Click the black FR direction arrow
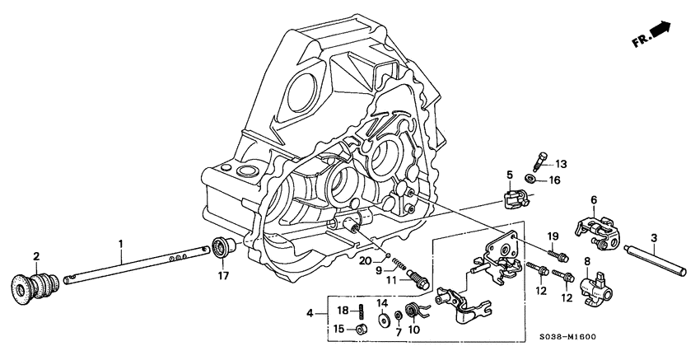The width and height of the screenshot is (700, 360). [660, 31]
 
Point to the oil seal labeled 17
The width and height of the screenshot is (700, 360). [222, 246]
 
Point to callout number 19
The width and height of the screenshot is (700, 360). [553, 235]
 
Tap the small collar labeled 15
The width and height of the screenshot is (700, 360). [361, 330]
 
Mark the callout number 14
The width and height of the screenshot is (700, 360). [382, 303]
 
